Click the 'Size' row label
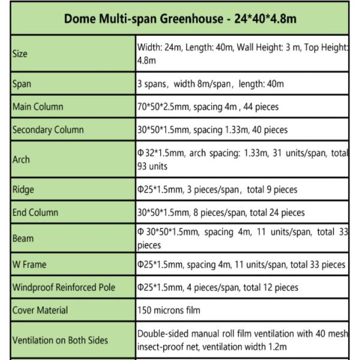[x=19, y=54]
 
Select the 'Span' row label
[x=22, y=85]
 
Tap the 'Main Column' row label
[x=38, y=107]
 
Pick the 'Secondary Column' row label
[x=48, y=130]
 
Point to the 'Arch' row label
[x=21, y=160]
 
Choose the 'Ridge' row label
[x=23, y=190]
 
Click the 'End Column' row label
[x=35, y=212]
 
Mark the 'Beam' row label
[x=23, y=238]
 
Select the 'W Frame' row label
[x=29, y=265]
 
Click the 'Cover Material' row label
[x=40, y=310]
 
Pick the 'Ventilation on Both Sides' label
[x=60, y=340]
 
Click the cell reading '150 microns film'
[x=169, y=310]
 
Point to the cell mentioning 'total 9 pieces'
[x=217, y=190]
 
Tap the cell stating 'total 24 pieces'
[x=221, y=212]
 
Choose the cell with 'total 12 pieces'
[x=218, y=287]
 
